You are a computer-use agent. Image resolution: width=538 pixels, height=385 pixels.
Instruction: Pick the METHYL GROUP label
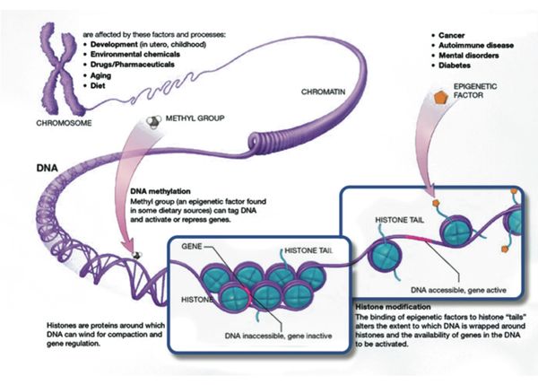[196, 118]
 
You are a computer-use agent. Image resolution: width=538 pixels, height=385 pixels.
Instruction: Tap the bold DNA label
[46, 168]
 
